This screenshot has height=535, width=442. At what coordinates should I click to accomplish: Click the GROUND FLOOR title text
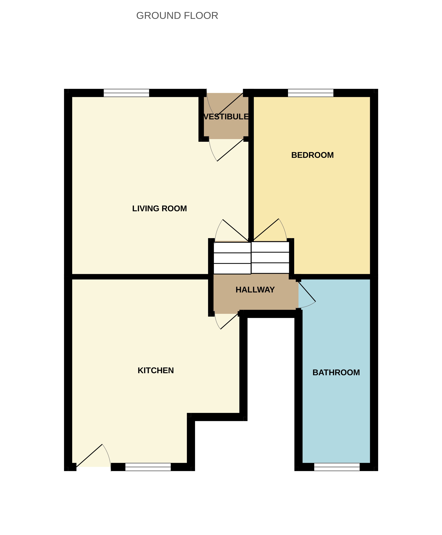(x=177, y=16)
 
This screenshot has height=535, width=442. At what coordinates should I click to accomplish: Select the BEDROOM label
(x=312, y=155)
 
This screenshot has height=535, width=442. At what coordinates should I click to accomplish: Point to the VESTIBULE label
(x=226, y=117)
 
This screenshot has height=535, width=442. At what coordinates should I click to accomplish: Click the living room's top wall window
(x=126, y=93)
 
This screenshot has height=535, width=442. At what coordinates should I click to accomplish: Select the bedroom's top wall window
(x=311, y=93)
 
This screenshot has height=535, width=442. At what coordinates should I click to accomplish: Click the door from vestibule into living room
(x=226, y=150)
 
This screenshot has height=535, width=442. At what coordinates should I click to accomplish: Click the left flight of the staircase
(x=232, y=258)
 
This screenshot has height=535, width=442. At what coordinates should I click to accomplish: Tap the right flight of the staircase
(x=270, y=257)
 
